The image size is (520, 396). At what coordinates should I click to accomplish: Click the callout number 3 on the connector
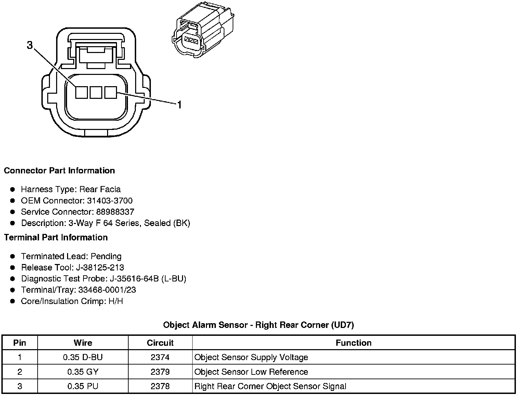pos(30,45)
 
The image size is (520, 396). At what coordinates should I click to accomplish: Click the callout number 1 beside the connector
pos(179,105)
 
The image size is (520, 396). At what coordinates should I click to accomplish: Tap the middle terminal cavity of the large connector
pos(96,92)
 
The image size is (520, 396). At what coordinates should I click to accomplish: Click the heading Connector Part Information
pos(59,171)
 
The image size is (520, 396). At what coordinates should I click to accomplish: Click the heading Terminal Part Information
pos(56,237)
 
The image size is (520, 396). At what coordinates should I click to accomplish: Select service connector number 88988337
pos(115,212)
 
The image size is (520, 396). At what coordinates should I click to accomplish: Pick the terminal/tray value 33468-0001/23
pos(107,290)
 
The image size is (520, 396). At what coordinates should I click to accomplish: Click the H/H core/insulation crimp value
pos(115,301)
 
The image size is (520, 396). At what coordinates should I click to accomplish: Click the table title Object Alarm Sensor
pos(258,325)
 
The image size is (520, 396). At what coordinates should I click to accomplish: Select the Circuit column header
pos(160,343)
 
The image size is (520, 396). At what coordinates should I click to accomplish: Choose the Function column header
pos(353,343)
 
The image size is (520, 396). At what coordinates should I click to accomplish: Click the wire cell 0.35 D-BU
pos(83,357)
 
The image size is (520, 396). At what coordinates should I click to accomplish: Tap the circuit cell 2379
pos(160,372)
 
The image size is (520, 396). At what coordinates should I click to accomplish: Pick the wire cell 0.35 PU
pos(83,386)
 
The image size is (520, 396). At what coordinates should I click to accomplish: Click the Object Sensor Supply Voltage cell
pos(251,357)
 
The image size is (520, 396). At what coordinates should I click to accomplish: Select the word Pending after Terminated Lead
pos(106,256)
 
